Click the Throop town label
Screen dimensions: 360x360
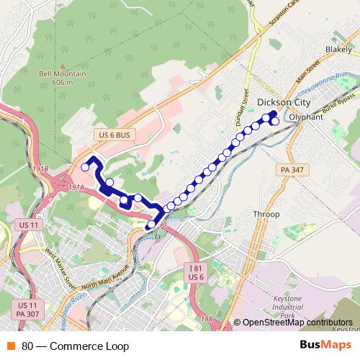[x=266, y=215]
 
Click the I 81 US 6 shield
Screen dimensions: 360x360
[x=197, y=272]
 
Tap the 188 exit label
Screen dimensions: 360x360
[x=208, y=318]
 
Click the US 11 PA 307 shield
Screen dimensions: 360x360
[x=28, y=310]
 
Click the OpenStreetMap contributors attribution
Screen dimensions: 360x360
[x=297, y=323]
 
